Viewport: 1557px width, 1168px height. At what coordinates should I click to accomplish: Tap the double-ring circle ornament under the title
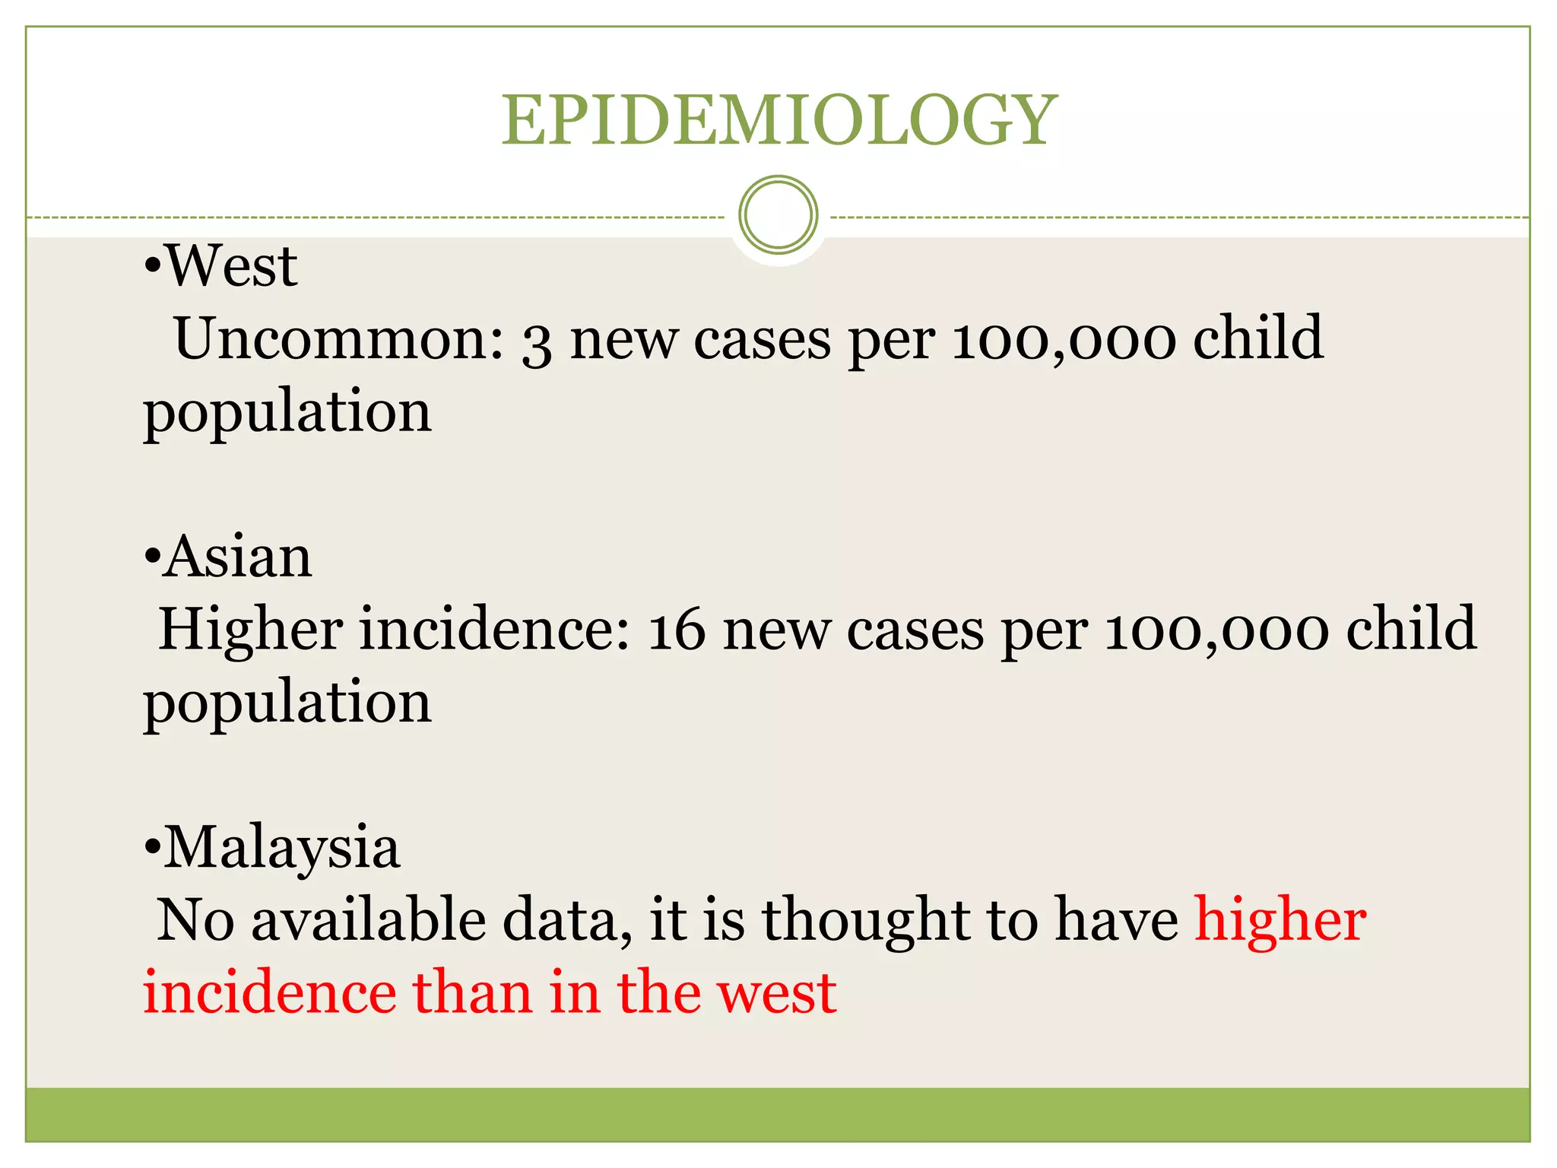[x=778, y=215]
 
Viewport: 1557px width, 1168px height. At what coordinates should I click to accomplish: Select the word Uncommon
[x=339, y=338]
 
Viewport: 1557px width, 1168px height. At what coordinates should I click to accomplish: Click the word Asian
[x=238, y=557]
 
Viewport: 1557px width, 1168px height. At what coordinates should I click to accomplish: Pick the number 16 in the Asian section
[x=676, y=631]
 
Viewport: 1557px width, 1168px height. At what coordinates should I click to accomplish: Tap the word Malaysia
[x=282, y=847]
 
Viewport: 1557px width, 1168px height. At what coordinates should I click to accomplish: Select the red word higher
[x=1280, y=920]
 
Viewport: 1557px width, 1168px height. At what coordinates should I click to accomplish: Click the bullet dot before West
[x=152, y=267]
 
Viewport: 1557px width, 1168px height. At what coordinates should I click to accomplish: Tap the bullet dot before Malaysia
[x=152, y=848]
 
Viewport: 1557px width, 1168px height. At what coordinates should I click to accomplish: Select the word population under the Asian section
[x=287, y=703]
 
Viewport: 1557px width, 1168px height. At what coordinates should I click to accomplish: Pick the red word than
[x=471, y=993]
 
